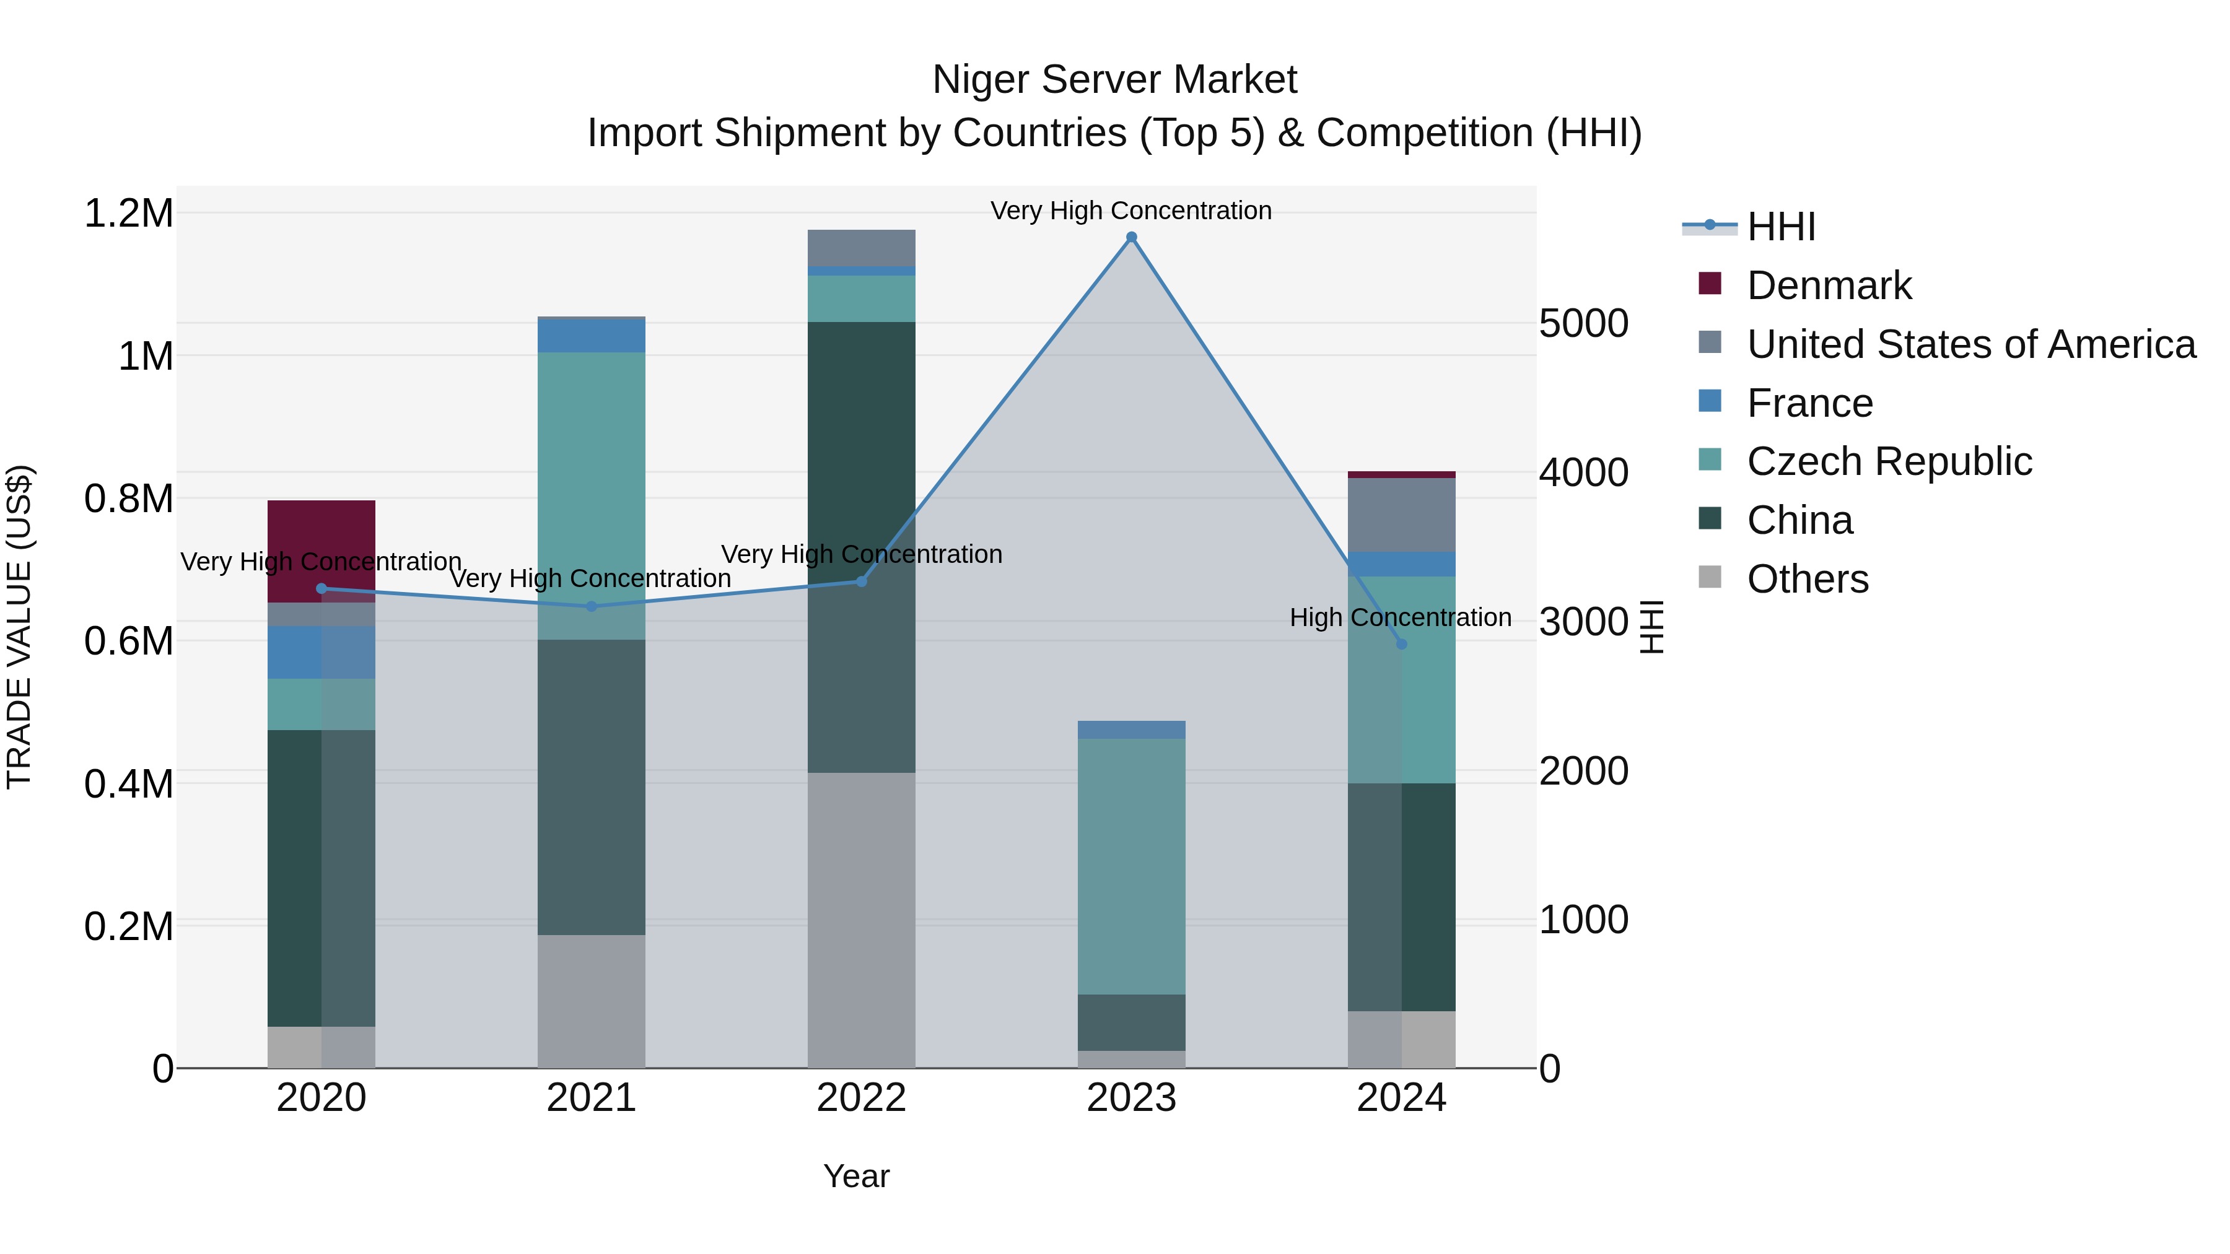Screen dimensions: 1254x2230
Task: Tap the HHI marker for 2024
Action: pos(1402,644)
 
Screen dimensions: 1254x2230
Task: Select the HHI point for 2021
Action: pos(592,607)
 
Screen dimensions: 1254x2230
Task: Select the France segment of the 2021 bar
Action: pos(592,336)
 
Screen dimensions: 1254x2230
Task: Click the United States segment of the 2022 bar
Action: pos(862,248)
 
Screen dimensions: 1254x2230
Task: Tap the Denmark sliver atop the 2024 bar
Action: pos(1402,474)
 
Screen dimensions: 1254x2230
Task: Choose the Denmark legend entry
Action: pos(1829,285)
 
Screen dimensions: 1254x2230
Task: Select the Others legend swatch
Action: pos(1710,577)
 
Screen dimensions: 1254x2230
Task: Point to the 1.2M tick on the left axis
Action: pos(129,213)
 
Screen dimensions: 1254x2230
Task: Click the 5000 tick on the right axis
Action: pos(1583,324)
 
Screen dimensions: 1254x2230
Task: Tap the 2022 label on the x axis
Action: pos(862,1098)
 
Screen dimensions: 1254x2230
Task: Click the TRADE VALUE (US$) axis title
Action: pos(19,627)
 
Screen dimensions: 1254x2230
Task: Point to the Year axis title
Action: pos(856,1176)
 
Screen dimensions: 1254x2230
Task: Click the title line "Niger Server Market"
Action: pos(1114,80)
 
